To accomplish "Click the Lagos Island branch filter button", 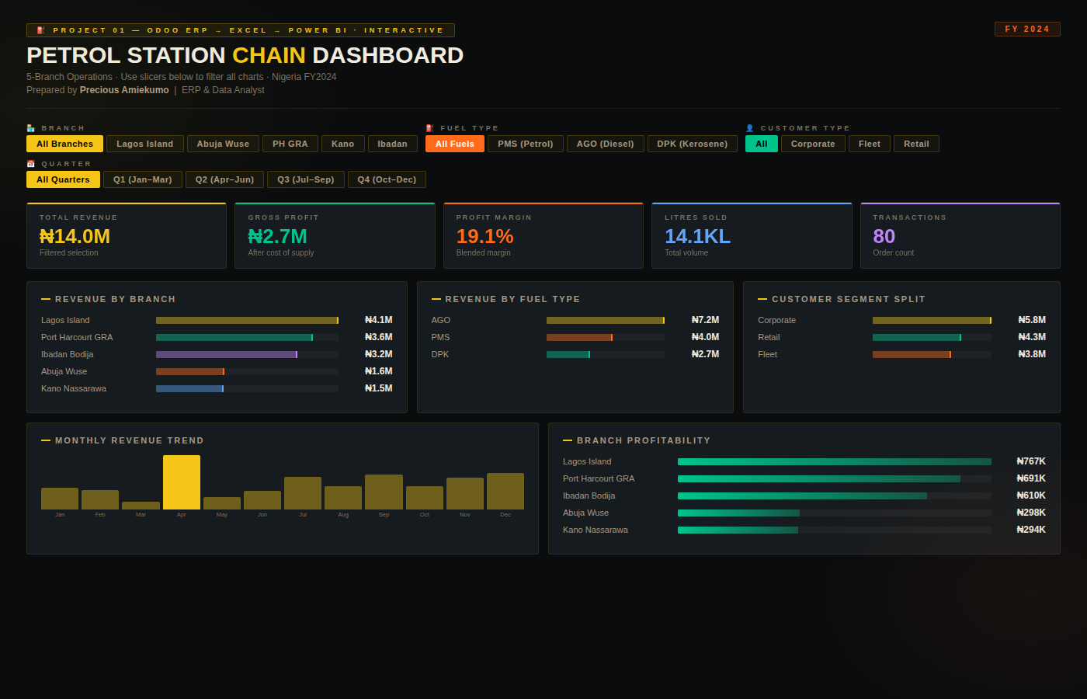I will (145, 144).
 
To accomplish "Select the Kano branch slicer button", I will (342, 144).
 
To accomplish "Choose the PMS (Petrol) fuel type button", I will (526, 144).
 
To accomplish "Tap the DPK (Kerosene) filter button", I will (693, 144).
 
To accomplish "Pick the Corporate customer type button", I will (813, 144).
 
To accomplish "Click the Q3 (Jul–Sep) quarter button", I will (306, 179).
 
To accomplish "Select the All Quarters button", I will (63, 179).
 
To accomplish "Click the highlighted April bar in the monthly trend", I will (182, 482).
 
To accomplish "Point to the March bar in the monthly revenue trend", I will (141, 506).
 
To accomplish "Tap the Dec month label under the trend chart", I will (505, 515).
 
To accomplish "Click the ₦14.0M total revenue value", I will (75, 236).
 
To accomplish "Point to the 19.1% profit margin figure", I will (484, 236).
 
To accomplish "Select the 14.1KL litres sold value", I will (697, 236).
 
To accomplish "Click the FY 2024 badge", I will (1027, 30).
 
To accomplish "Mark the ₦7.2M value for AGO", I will (705, 320).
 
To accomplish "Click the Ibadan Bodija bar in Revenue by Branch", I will (226, 354).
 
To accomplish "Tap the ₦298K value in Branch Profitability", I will (1031, 513).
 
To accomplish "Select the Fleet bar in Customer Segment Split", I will (912, 354).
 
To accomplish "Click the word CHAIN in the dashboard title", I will (269, 56).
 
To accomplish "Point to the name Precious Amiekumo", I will (124, 90).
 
